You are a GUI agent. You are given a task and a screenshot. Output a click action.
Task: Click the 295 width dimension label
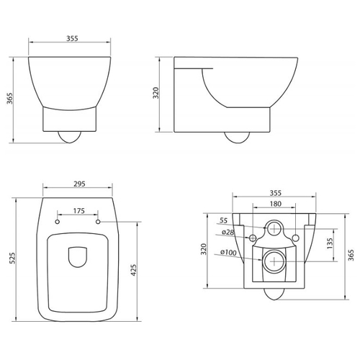(79, 184)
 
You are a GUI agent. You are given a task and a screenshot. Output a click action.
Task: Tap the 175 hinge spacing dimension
(79, 211)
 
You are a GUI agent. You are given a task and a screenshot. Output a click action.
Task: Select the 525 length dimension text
(12, 258)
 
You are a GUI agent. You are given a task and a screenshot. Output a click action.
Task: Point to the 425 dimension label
(133, 270)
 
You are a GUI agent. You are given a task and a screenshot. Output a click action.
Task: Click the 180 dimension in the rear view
(276, 204)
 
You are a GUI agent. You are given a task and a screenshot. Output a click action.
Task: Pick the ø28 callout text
(228, 233)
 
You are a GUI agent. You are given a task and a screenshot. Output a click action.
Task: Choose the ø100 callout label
(228, 252)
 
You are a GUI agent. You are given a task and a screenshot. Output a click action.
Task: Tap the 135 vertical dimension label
(330, 243)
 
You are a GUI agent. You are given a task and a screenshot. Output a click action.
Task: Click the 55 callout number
(223, 220)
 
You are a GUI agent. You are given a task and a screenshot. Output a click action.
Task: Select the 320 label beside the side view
(156, 93)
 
